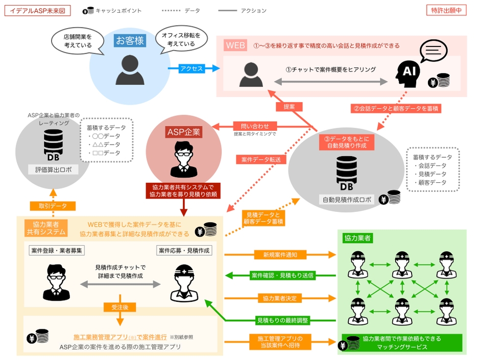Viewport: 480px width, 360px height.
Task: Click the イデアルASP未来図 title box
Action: (x=37, y=10)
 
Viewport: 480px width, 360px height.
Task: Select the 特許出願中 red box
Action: (x=446, y=10)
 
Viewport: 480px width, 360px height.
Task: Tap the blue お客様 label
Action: (x=130, y=40)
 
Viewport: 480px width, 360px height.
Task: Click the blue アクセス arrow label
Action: (x=191, y=68)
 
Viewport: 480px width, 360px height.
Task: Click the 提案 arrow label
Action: (x=289, y=107)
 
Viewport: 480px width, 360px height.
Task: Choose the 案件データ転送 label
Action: (x=261, y=159)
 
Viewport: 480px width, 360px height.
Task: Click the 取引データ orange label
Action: (x=52, y=206)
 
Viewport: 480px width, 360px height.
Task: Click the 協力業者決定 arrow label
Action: (x=280, y=298)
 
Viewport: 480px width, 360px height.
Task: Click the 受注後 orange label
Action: (x=119, y=307)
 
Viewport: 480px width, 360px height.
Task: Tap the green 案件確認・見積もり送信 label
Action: (x=282, y=276)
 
